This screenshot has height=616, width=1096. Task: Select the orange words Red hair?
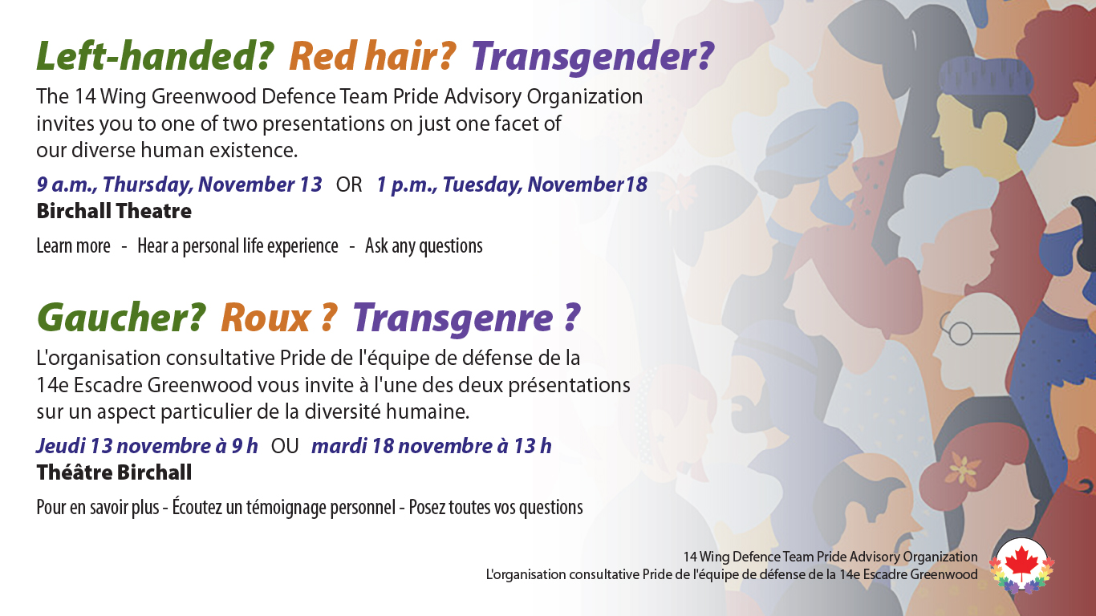click(x=372, y=56)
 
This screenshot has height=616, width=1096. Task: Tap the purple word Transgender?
click(x=592, y=56)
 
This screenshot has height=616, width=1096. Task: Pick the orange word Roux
click(x=266, y=318)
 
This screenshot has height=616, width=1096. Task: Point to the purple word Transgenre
click(x=453, y=318)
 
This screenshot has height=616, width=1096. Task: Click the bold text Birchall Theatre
click(x=114, y=212)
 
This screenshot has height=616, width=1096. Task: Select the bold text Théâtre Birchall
click(x=114, y=472)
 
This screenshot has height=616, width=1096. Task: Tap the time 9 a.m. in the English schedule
click(x=66, y=185)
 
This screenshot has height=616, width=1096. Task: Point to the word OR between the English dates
click(x=349, y=185)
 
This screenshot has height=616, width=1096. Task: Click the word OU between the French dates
click(x=285, y=446)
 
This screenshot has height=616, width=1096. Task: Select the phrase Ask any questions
click(x=424, y=246)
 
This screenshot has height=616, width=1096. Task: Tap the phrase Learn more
click(x=73, y=246)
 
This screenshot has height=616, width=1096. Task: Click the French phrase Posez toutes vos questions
click(x=496, y=508)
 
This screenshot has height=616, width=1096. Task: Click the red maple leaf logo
click(x=1021, y=565)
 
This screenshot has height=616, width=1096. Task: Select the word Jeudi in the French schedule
click(x=61, y=446)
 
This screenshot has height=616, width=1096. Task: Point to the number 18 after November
click(x=636, y=185)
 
